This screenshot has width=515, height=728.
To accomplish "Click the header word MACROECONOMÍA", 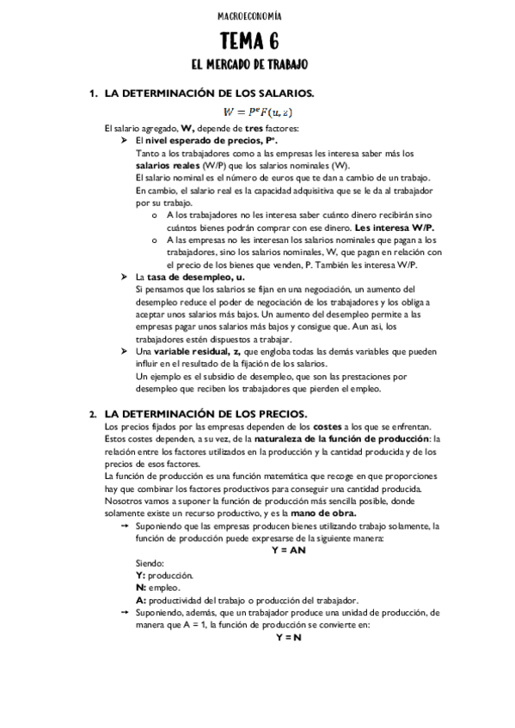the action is point(257,15).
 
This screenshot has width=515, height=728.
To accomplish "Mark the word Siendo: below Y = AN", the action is point(151,562).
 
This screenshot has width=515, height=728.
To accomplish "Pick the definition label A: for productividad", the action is point(141,600).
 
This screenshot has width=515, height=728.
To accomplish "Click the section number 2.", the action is point(92,415).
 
